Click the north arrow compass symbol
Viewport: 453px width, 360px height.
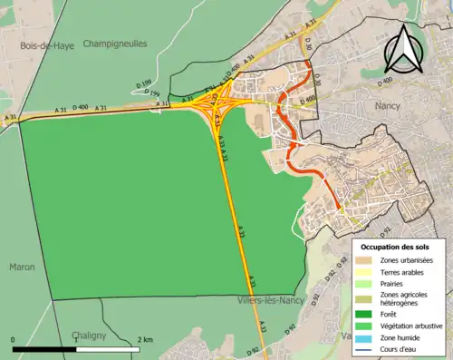pyautogui.click(x=401, y=49)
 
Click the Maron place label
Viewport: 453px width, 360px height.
pyautogui.click(x=22, y=267)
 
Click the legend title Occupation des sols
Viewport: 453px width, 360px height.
pyautogui.click(x=397, y=247)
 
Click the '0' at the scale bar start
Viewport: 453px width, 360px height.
pyautogui.click(x=14, y=339)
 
